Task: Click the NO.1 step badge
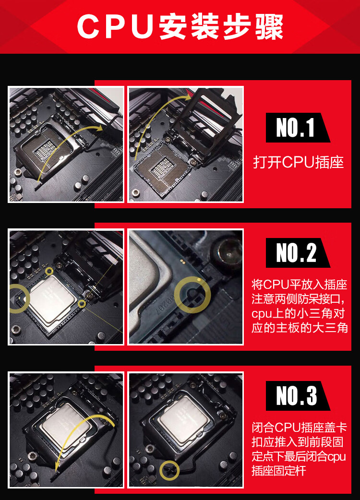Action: (x=298, y=128)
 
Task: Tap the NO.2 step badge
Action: (x=298, y=252)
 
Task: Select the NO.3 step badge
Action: (x=298, y=396)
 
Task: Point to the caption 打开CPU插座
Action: (x=299, y=162)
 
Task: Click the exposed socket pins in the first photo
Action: (x=45, y=149)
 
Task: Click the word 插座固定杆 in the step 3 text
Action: (x=279, y=471)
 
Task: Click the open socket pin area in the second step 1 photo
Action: (x=163, y=168)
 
